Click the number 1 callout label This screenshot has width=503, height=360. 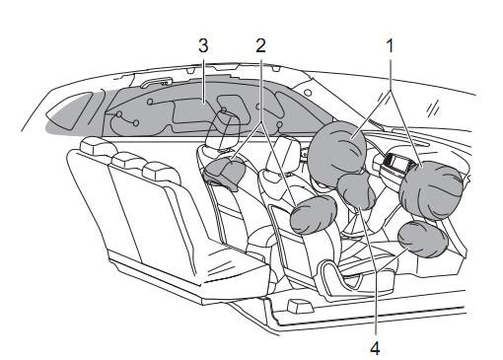(x=390, y=46)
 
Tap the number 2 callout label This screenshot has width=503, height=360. (x=260, y=46)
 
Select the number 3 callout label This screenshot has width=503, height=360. (x=203, y=46)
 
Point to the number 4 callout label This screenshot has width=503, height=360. (x=375, y=348)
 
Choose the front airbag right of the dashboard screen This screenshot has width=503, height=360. (x=431, y=190)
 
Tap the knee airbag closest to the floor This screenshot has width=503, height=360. (x=423, y=239)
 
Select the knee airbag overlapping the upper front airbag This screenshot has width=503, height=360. (x=357, y=191)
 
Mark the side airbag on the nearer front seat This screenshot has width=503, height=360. (x=314, y=215)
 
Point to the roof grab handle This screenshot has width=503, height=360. (x=157, y=82)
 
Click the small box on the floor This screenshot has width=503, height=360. (x=298, y=306)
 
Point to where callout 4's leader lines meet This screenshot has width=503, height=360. (x=376, y=270)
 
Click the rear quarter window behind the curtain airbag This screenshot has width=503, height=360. (x=70, y=110)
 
